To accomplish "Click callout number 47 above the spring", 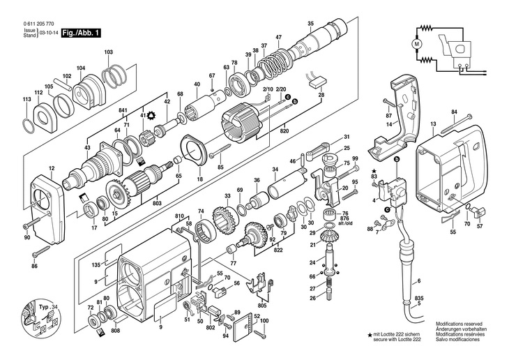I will (x=278, y=37).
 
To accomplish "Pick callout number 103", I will (x=108, y=52).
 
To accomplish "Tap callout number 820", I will (x=284, y=130).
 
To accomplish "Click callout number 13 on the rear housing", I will (x=433, y=123).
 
